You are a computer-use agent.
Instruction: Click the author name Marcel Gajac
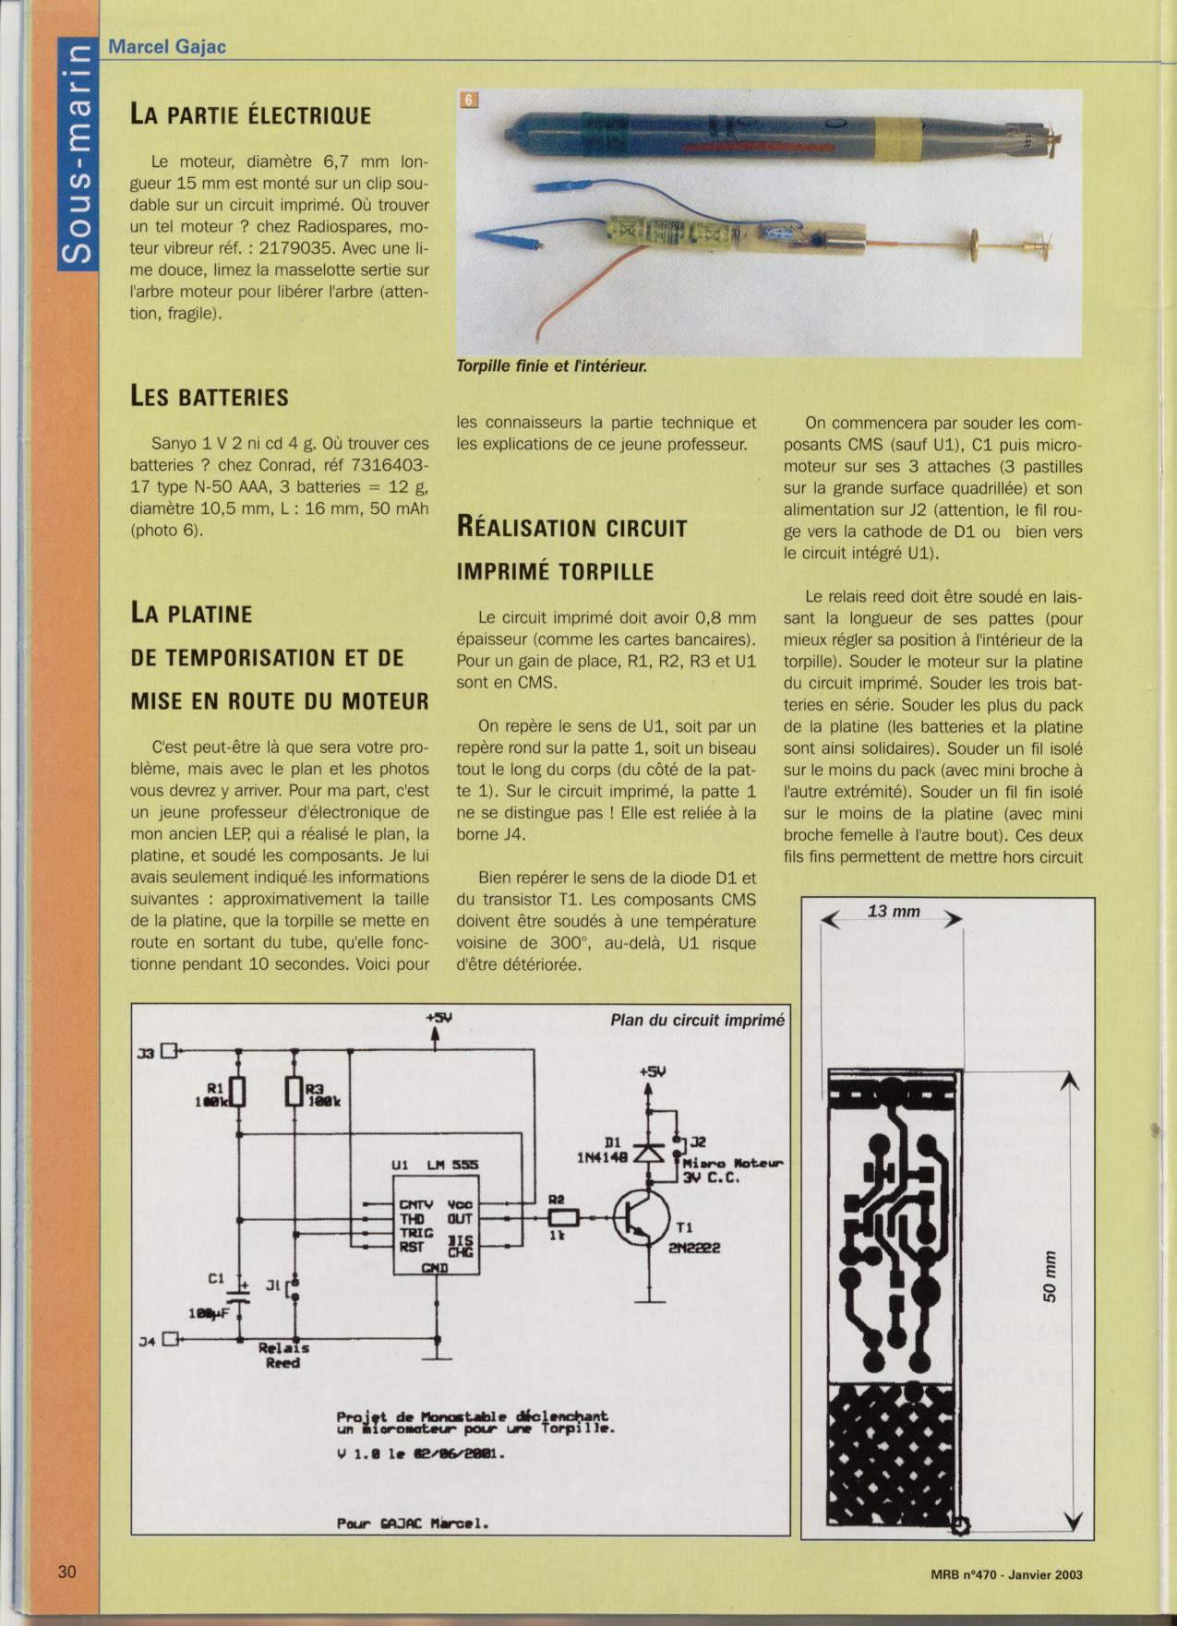coord(167,46)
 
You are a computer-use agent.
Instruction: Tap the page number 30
coord(66,1572)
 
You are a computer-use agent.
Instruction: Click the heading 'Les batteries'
coord(210,398)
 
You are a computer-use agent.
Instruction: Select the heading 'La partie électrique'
coord(250,115)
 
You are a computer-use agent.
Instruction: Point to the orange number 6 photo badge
coord(469,100)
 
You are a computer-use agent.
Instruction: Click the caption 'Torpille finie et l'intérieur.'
coord(551,366)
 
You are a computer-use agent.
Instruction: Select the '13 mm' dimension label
coord(894,912)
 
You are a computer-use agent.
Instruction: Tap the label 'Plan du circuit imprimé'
coord(697,1021)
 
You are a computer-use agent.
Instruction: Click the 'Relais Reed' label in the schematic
coord(283,1355)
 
